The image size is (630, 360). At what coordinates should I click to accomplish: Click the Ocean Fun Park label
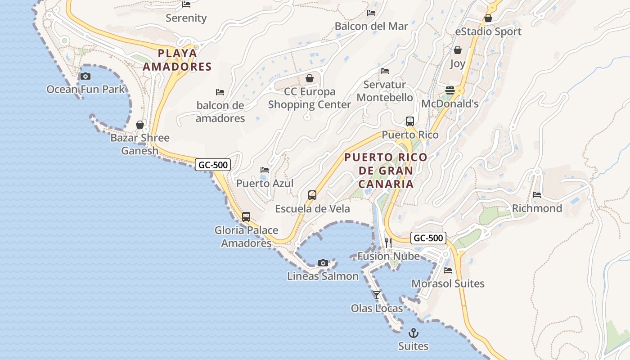pyautogui.click(x=85, y=89)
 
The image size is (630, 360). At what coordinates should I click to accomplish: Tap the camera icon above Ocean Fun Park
pyautogui.click(x=85, y=76)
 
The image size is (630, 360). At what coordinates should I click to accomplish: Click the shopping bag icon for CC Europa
pyautogui.click(x=310, y=78)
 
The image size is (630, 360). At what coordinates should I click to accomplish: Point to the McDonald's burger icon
pyautogui.click(x=450, y=90)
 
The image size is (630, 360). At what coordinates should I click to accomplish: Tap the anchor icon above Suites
pyautogui.click(x=413, y=333)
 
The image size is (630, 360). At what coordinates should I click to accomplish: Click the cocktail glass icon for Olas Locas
pyautogui.click(x=377, y=295)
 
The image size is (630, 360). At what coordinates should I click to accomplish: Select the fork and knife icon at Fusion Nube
pyautogui.click(x=388, y=243)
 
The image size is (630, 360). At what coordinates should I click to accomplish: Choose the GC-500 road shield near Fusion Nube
pyautogui.click(x=428, y=238)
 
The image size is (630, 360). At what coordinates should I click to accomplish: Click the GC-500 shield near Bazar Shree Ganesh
pyautogui.click(x=213, y=165)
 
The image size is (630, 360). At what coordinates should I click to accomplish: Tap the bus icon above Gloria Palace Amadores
pyautogui.click(x=246, y=216)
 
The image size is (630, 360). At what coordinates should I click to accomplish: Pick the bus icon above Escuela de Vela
pyautogui.click(x=312, y=195)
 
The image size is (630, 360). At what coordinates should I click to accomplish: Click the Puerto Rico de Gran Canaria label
pyautogui.click(x=386, y=171)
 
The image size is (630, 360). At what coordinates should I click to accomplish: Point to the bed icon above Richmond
pyautogui.click(x=537, y=195)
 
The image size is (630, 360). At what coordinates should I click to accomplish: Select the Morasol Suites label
pyautogui.click(x=448, y=283)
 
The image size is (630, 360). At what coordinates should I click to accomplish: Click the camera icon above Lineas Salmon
pyautogui.click(x=323, y=263)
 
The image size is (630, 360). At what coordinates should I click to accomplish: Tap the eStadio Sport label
pyautogui.click(x=488, y=31)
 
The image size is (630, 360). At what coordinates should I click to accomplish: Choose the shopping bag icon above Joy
pyautogui.click(x=458, y=50)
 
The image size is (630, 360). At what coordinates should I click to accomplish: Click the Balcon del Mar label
pyautogui.click(x=371, y=26)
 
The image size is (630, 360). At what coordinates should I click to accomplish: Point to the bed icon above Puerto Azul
pyautogui.click(x=265, y=170)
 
